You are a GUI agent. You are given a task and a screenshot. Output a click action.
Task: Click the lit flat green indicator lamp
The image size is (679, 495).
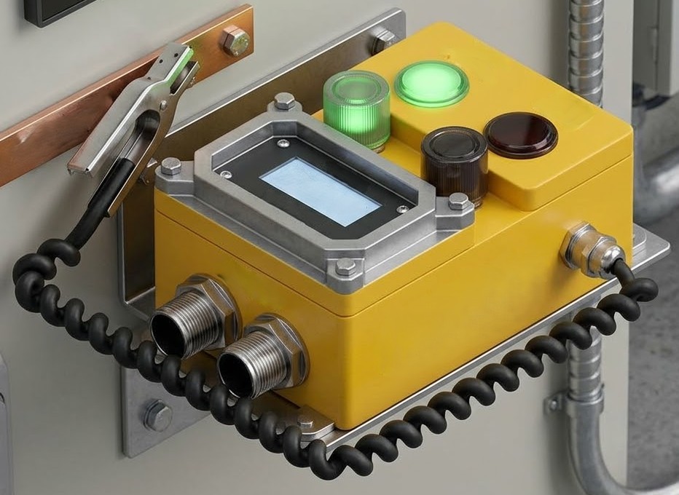pyautogui.click(x=431, y=83)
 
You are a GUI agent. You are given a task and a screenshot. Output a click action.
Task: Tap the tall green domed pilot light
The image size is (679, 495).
pyautogui.click(x=356, y=109)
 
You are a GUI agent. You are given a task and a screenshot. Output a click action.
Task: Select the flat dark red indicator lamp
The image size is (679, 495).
pyautogui.click(x=521, y=135)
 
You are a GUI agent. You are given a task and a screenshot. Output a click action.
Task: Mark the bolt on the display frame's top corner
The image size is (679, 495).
pyautogui.click(x=285, y=100)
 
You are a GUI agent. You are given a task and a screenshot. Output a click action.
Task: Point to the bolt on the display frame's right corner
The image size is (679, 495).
pyautogui.click(x=458, y=202)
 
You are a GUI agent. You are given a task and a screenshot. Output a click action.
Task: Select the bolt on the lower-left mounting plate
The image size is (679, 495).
pyautogui.click(x=157, y=416)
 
